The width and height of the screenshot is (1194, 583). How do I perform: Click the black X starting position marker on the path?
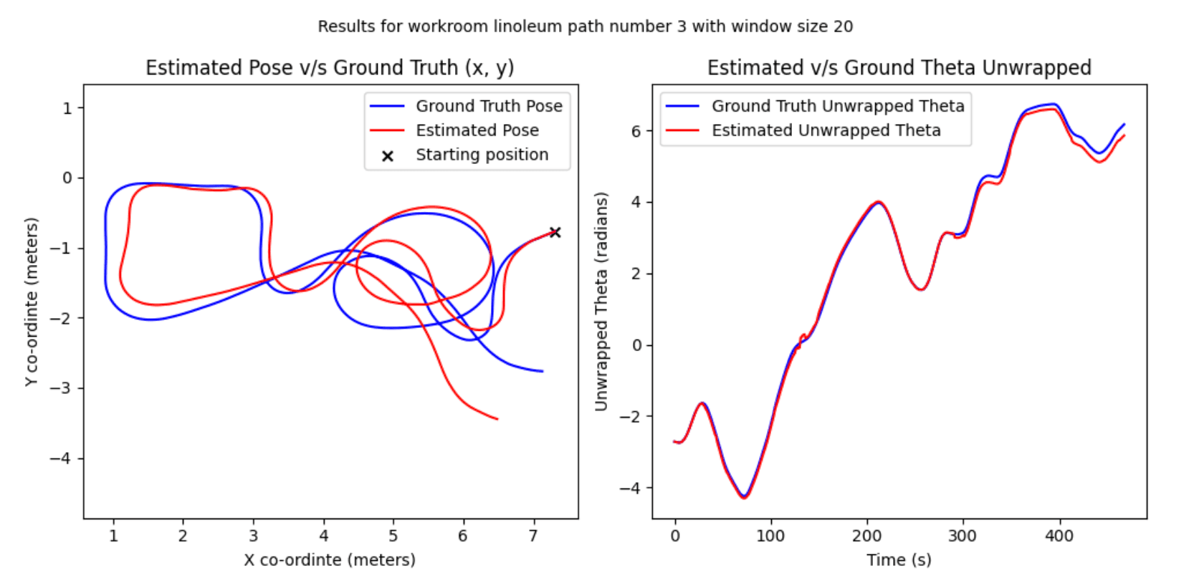point(555,232)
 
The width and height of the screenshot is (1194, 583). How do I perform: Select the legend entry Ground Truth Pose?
point(489,106)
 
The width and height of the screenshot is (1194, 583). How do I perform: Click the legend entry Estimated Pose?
point(477,130)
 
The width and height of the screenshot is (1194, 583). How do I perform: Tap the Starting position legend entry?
point(482,155)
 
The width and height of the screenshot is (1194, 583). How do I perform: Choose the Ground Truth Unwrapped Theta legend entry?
point(838,106)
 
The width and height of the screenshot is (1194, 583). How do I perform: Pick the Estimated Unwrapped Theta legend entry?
point(826,130)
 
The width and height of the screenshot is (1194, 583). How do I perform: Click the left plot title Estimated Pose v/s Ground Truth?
point(330,67)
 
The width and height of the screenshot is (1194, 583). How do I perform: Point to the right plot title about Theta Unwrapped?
point(899,67)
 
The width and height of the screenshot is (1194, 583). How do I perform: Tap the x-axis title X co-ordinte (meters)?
point(330,559)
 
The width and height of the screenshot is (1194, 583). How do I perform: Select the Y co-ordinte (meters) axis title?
point(31,302)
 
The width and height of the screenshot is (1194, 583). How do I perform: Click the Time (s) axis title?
point(899,559)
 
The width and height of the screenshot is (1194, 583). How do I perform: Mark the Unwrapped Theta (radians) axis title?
point(601,302)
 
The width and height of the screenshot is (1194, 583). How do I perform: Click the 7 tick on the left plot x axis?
point(533,536)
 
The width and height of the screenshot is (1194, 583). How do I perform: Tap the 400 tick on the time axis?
point(1059,536)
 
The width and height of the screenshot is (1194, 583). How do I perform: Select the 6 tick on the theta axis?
point(636,131)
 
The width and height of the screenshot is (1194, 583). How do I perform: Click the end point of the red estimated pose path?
point(497,419)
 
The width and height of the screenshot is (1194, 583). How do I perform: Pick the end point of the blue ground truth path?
point(543,371)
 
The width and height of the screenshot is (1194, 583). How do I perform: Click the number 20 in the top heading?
point(843,26)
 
